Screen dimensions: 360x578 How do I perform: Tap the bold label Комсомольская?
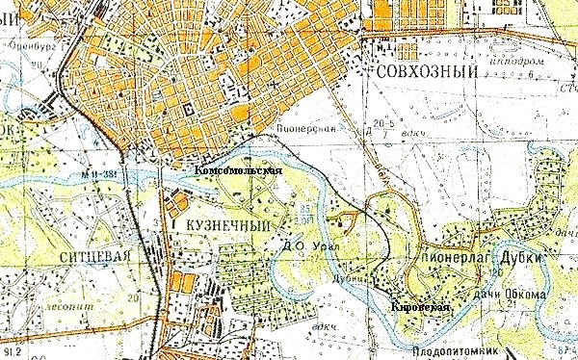238,170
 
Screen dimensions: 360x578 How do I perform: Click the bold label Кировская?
420,306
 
